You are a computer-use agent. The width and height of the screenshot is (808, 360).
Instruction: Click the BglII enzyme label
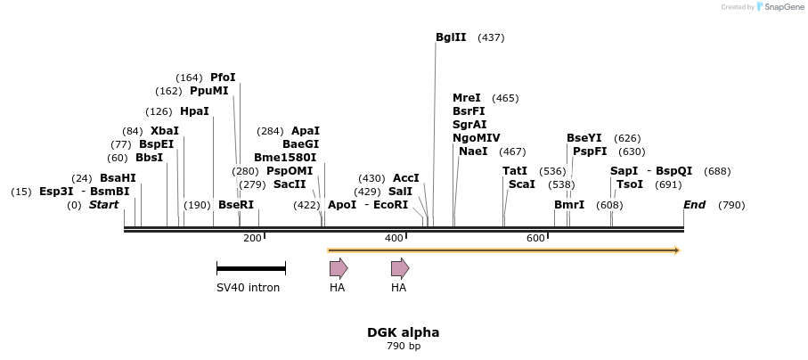tap(451, 37)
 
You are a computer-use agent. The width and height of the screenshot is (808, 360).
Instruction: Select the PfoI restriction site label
tap(223, 78)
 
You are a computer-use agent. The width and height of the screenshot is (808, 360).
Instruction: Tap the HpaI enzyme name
tap(194, 111)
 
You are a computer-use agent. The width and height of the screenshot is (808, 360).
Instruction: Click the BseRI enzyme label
tap(236, 205)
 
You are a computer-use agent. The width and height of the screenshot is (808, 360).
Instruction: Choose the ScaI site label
tap(522, 184)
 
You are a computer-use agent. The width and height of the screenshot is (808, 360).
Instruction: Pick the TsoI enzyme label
tap(630, 184)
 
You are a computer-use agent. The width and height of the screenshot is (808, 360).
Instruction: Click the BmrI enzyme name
tap(569, 205)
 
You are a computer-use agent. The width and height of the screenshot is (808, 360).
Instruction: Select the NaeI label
tap(473, 151)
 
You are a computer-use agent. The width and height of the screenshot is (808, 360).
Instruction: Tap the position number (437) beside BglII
tap(491, 37)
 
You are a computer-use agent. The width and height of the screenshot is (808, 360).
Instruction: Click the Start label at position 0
tap(103, 205)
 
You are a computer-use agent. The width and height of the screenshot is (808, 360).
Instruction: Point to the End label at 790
tap(694, 205)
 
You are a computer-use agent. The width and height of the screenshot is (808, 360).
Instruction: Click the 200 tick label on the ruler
tap(252, 238)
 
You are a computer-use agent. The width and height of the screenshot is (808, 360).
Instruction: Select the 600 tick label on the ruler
tap(535, 238)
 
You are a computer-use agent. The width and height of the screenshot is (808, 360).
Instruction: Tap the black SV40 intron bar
tap(250, 268)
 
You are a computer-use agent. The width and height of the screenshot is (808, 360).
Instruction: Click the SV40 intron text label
tap(248, 288)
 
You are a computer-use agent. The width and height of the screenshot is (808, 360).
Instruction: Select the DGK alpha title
tap(403, 332)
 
